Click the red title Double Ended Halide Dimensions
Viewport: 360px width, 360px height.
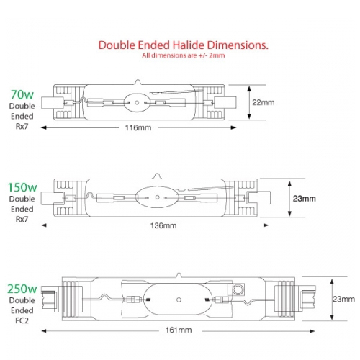pos(183,45)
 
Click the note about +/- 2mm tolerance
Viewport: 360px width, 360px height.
pos(183,55)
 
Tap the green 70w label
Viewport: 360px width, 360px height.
pos(22,94)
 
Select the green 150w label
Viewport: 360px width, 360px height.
pos(22,187)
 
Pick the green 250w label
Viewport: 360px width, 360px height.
pos(22,289)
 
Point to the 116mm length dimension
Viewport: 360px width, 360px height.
pos(138,127)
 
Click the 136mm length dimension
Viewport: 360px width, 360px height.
pos(163,225)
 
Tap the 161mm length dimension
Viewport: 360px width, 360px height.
pos(179,330)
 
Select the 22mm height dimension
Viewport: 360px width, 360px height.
pos(263,102)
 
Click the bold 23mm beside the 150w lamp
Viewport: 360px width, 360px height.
pos(304,199)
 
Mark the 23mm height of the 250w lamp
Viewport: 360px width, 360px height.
pos(343,299)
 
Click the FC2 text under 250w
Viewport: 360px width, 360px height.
pos(22,320)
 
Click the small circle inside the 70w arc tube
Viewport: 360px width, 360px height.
pos(137,103)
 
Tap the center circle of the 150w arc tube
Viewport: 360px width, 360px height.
pos(158,197)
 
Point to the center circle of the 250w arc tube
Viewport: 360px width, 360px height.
pos(179,300)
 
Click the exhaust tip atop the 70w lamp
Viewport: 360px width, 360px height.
pos(138,82)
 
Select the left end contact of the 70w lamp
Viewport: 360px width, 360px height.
pos(53,103)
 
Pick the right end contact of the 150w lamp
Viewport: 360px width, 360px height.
pos(260,198)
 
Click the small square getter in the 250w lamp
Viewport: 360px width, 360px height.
pos(238,289)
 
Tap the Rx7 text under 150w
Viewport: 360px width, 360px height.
pos(22,219)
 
